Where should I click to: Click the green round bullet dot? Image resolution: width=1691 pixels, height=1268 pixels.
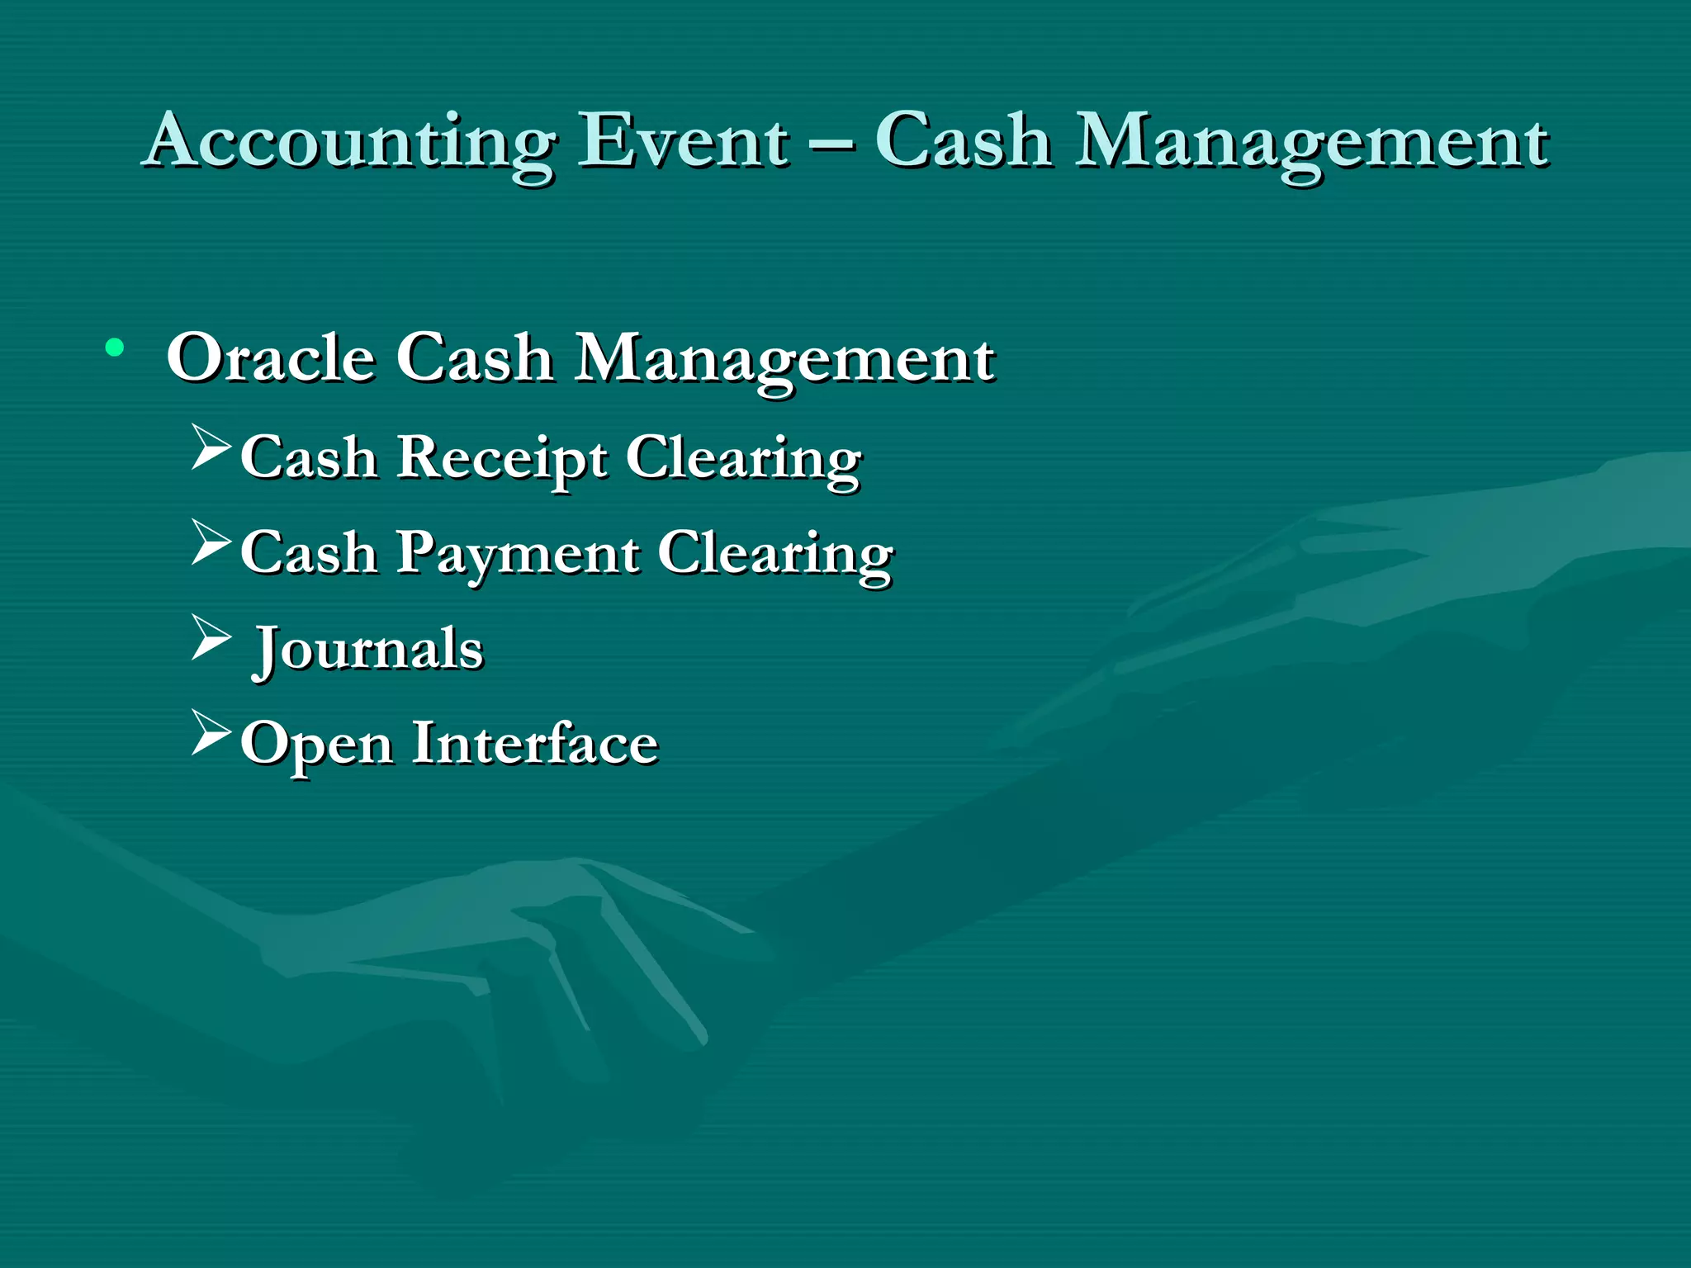tap(115, 348)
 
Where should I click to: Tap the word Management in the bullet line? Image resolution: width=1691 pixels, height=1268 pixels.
tap(784, 360)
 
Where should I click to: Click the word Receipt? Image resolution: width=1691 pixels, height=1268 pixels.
tap(502, 457)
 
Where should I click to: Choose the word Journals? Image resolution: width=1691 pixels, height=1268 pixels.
tap(368, 649)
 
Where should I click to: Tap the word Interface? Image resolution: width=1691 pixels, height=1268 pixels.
tap(534, 743)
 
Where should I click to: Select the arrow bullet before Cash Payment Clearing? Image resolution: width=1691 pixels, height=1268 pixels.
tap(211, 542)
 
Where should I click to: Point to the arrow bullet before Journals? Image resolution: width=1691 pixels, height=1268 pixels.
tap(211, 637)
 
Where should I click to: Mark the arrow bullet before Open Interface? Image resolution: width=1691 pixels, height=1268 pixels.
tap(211, 732)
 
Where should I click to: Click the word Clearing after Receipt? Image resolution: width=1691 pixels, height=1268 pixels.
tap(743, 459)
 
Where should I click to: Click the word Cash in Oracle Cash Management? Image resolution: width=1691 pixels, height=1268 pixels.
tap(474, 358)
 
